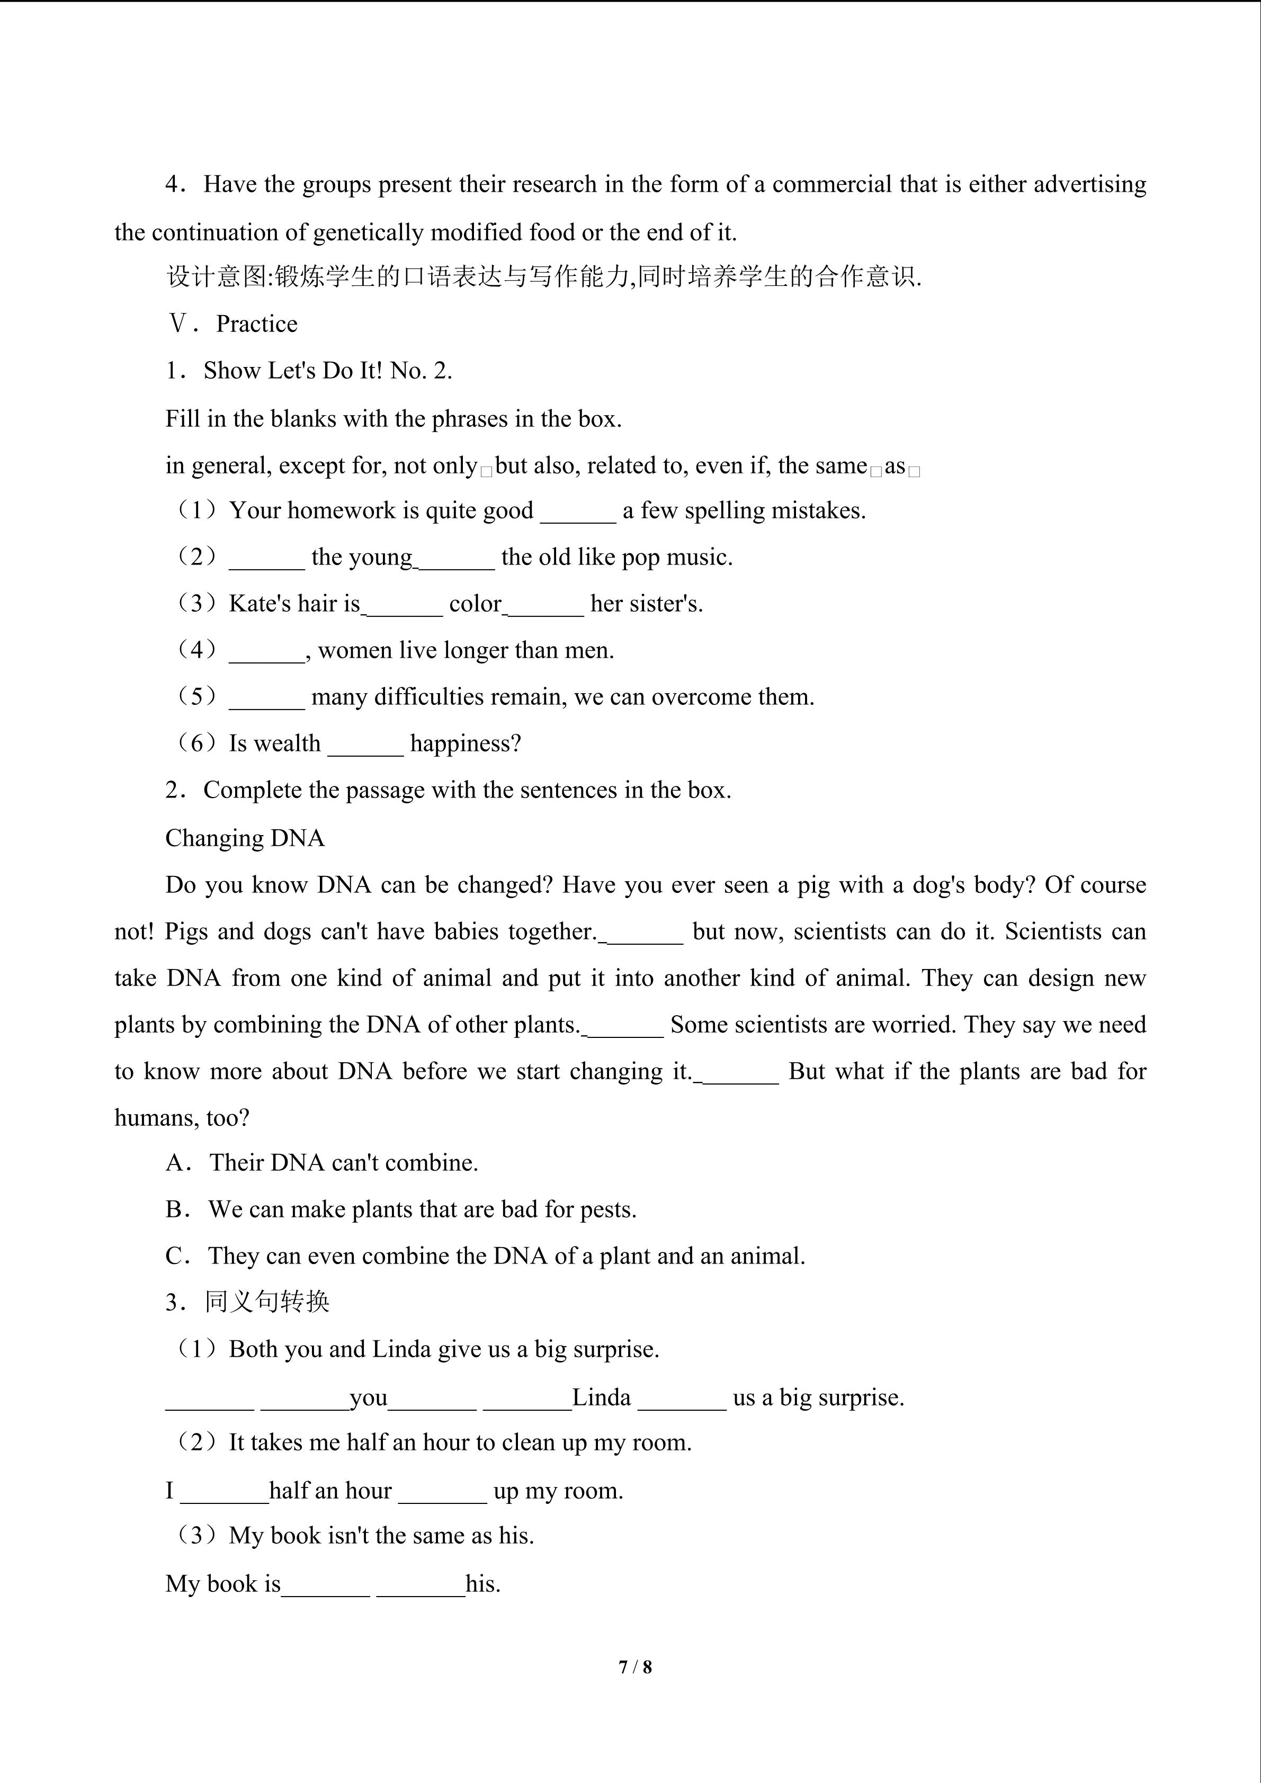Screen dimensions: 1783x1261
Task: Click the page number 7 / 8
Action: tap(635, 1666)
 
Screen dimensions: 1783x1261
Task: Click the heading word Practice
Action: tap(256, 324)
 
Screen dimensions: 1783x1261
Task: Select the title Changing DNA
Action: tap(245, 838)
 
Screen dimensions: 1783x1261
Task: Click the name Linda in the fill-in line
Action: tap(601, 1397)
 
